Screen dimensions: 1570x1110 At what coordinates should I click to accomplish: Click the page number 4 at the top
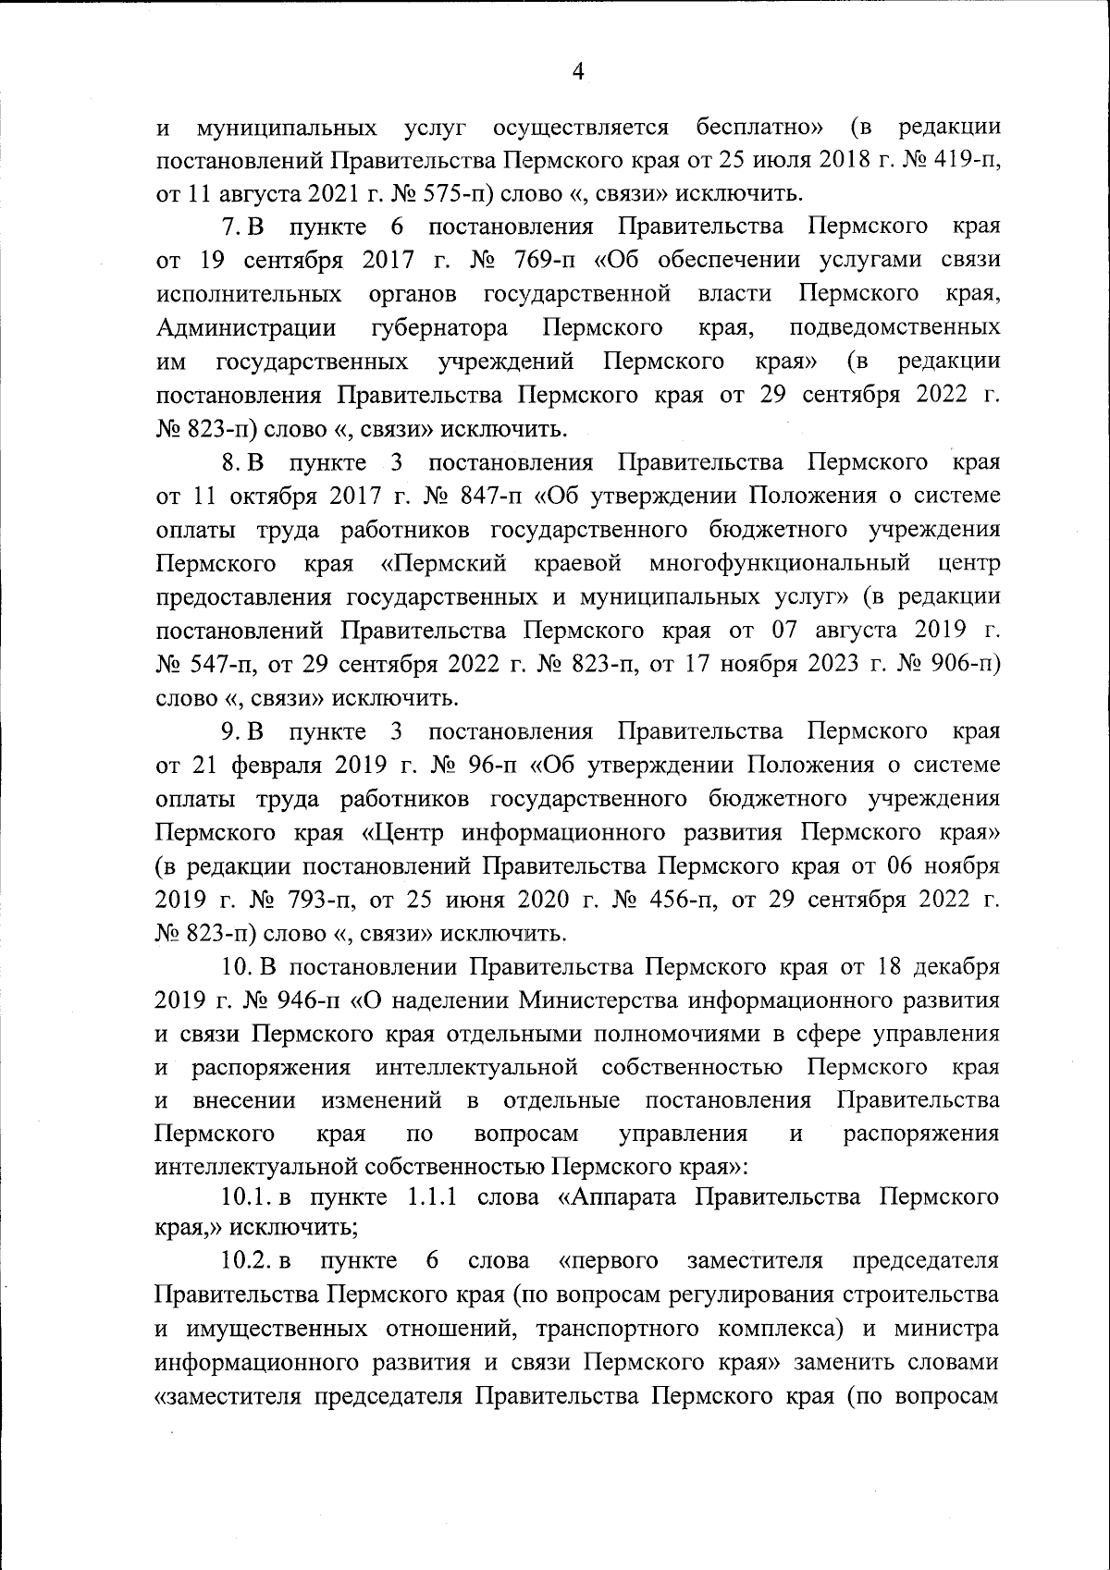(579, 72)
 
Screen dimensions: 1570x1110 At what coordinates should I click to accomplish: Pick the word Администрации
(246, 328)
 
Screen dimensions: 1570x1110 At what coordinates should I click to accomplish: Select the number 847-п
(493, 497)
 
